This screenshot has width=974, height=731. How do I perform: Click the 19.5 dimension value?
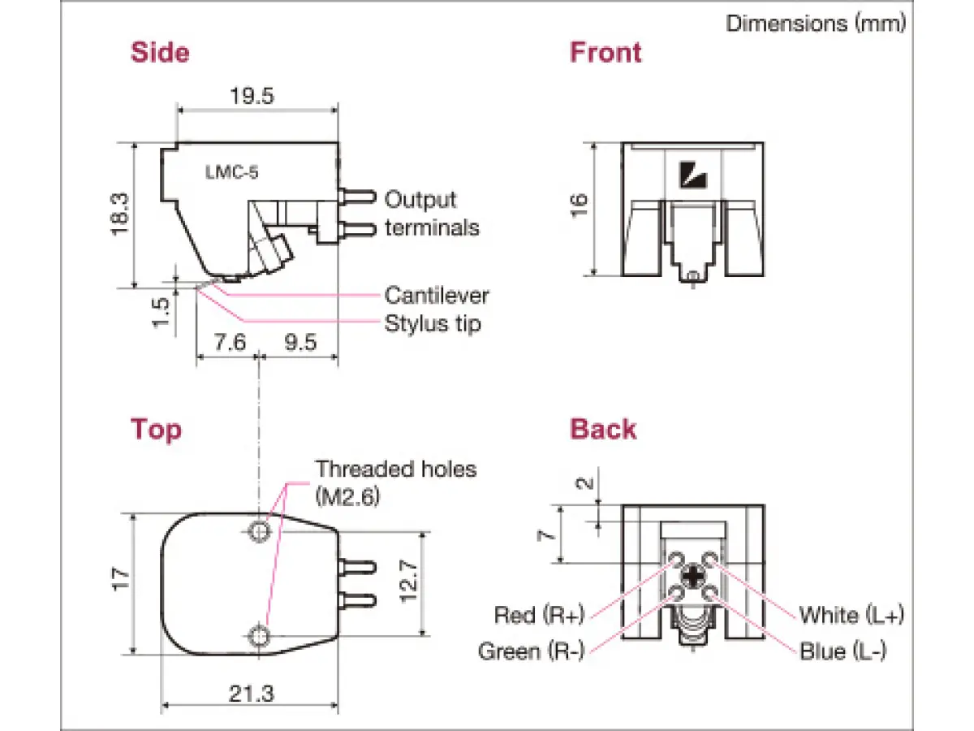[x=252, y=96]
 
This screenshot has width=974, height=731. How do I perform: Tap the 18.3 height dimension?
[x=119, y=214]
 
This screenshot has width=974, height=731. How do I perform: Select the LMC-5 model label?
[x=231, y=172]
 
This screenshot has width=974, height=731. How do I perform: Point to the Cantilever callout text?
[x=437, y=296]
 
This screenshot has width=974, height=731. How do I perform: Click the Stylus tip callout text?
[x=433, y=324]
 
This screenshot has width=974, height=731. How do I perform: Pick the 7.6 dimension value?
[x=230, y=342]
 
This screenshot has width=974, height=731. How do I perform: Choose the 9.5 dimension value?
[x=300, y=342]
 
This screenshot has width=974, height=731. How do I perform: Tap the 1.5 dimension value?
[x=161, y=313]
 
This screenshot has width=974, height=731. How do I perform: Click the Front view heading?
[x=606, y=52]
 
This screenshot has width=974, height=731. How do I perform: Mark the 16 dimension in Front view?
[x=579, y=205]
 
